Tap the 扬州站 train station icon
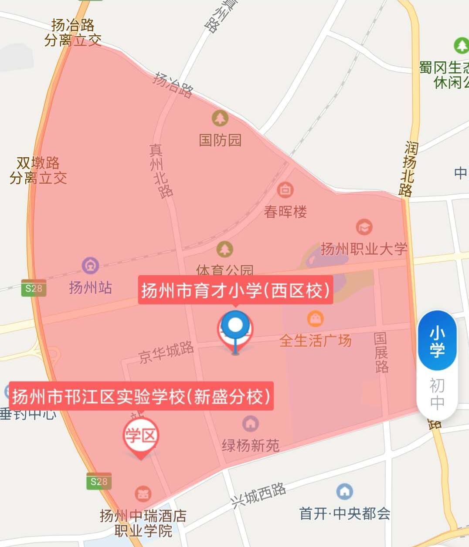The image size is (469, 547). point(90,265)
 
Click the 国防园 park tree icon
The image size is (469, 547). point(220,118)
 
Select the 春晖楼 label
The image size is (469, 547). point(285,212)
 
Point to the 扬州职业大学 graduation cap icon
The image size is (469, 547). point(364,227)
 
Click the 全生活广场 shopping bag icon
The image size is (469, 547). point(315,319)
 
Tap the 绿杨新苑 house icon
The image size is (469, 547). point(250,423)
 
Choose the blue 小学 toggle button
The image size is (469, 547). point(437,341)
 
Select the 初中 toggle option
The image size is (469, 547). point(437,394)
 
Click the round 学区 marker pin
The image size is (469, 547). point(141,436)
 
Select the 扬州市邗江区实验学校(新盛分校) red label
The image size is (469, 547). point(141,396)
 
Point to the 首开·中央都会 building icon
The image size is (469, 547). point(345,492)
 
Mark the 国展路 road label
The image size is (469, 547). point(381,353)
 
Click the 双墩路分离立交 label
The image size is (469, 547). point(38,170)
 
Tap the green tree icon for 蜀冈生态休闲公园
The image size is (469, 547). point(461,45)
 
